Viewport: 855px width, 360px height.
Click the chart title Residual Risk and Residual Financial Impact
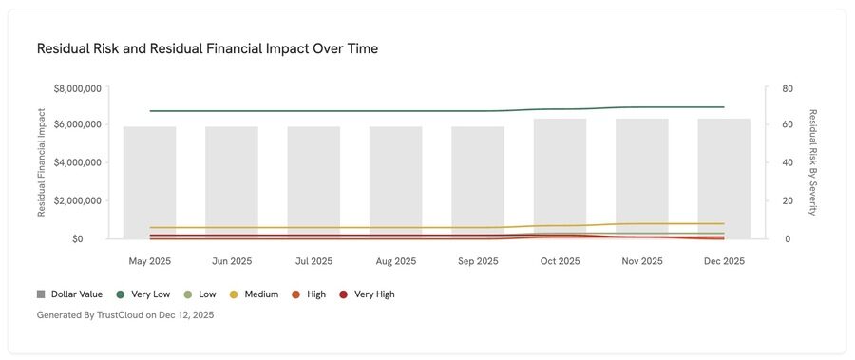207,48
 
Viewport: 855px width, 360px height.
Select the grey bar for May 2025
149,182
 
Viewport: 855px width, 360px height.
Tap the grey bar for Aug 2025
396,182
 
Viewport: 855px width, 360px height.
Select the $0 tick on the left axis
93,238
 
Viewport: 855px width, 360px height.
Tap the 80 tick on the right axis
788,88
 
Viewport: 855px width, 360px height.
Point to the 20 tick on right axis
788,200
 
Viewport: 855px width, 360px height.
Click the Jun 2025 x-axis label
232,261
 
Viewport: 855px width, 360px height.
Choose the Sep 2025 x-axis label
478,261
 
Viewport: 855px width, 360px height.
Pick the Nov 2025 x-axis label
642,261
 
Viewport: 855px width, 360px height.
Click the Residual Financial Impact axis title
42,163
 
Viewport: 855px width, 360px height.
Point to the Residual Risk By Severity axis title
812,163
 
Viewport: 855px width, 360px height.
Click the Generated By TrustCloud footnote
125,314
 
